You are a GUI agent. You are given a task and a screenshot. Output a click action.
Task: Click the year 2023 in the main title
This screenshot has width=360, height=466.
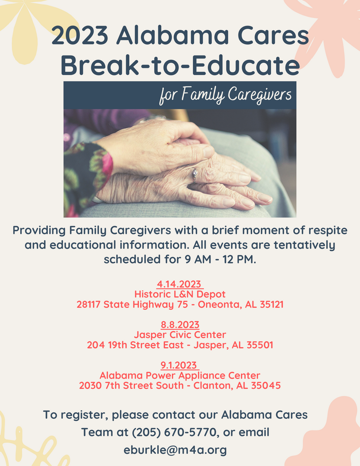coord(80,35)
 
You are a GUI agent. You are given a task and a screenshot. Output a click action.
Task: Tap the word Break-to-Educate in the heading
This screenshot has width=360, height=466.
coord(180,66)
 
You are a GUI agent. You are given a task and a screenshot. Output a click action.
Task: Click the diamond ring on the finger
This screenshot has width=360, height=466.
coord(195,174)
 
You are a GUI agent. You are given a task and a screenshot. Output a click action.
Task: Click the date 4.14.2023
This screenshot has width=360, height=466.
coord(179,284)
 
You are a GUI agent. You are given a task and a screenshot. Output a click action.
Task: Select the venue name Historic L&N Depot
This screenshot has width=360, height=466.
coord(180,294)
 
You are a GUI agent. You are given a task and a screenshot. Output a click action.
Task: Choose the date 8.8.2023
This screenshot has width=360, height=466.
coord(180,324)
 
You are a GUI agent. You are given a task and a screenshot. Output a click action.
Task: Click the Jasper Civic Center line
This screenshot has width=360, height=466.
coord(180,334)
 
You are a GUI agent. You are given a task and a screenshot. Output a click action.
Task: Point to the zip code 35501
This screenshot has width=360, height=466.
coord(260,345)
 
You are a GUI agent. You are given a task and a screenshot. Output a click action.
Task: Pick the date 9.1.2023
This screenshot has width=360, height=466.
coord(179,365)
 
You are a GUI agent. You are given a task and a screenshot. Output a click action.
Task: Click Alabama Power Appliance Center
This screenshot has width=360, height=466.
coord(180,375)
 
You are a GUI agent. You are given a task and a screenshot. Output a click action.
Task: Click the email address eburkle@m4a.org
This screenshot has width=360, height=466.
coord(175,450)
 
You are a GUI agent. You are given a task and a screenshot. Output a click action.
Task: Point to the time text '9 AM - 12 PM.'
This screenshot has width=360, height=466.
coord(220,259)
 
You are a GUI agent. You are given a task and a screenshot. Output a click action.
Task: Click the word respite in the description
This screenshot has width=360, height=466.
coord(328,231)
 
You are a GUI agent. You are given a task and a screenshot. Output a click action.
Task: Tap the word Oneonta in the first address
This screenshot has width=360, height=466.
coord(220,304)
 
